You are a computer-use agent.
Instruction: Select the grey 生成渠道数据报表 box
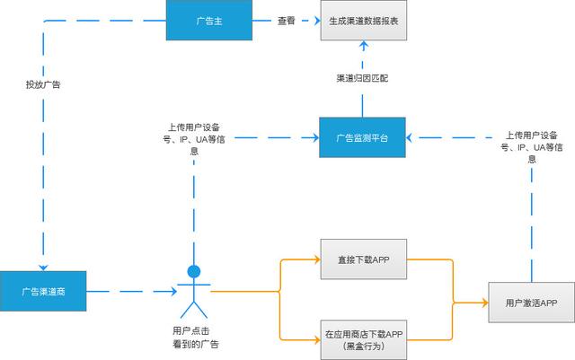tap(365, 21)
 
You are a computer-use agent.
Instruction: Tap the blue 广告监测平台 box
tap(363, 138)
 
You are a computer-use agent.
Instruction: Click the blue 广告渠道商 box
tap(44, 291)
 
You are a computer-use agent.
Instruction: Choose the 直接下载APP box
tap(363, 260)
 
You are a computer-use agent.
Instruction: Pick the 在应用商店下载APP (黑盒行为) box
tap(363, 339)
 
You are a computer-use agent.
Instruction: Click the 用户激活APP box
tap(531, 303)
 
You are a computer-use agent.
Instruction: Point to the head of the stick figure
tap(193, 271)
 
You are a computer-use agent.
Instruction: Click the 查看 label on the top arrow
tap(286, 21)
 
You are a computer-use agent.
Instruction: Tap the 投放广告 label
tap(43, 84)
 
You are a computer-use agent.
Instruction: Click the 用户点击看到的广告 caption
tap(195, 337)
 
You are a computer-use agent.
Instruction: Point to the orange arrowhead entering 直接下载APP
tap(316, 260)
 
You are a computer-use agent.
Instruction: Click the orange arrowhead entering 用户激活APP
tap(483, 303)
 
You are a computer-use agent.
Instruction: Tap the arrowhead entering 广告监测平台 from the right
tap(411, 138)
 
